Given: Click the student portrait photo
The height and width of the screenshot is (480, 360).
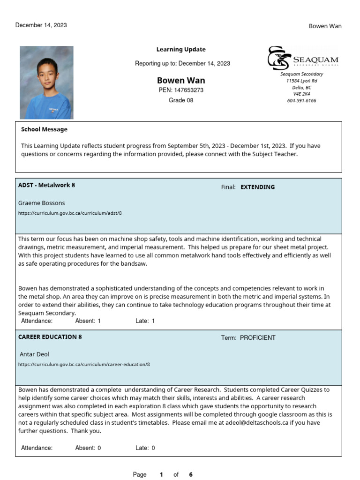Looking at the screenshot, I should click(x=46, y=82).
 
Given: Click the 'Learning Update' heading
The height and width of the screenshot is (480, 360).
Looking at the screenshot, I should click(x=181, y=50).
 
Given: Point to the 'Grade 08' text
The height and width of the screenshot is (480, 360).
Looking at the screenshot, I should click(x=181, y=100).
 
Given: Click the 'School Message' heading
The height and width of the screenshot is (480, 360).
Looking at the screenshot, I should click(x=44, y=129).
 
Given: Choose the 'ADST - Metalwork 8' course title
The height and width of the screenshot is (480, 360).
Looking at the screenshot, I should click(x=46, y=185).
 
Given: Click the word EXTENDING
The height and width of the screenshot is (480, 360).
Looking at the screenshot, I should click(x=257, y=187).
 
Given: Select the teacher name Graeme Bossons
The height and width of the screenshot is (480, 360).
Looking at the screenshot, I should click(x=41, y=203).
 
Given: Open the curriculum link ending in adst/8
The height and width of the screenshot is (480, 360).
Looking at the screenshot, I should click(x=70, y=213).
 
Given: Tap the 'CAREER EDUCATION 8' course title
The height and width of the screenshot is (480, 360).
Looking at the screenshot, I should click(x=50, y=337).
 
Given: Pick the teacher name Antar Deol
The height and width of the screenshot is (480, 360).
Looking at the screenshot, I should click(x=34, y=354).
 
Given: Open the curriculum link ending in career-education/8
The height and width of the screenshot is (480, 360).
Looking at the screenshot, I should click(x=84, y=364).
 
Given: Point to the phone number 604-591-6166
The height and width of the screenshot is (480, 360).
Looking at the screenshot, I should click(x=301, y=101).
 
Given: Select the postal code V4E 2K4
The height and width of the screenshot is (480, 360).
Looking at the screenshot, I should click(x=301, y=94).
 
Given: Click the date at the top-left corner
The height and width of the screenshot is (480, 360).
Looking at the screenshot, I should click(x=41, y=25).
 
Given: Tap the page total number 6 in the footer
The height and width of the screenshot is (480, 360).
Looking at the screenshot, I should click(x=191, y=474).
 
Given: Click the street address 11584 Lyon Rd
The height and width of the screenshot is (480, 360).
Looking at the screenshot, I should click(x=301, y=81).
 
